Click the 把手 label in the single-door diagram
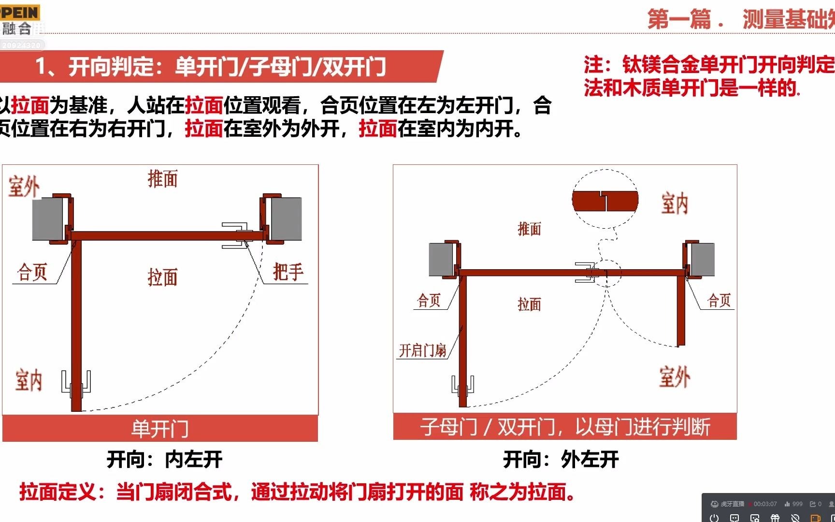(288, 272)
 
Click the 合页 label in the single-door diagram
(32, 272)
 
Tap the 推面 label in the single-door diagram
(162, 179)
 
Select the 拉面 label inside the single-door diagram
(162, 277)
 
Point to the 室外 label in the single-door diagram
(24, 186)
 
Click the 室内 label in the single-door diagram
(29, 380)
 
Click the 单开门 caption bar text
(160, 429)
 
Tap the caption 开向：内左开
(164, 459)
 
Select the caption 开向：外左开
(561, 459)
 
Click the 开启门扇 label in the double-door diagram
(422, 350)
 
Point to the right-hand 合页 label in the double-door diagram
(719, 301)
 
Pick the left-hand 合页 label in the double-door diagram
(429, 301)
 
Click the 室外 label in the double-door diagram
(675, 377)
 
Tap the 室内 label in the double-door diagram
(675, 203)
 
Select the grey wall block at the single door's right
(286, 218)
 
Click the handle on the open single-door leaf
(76, 384)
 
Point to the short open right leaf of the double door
(681, 309)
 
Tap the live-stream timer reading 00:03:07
(765, 504)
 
